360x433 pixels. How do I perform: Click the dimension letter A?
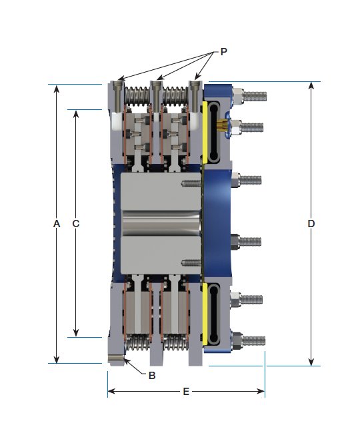pos(57,224)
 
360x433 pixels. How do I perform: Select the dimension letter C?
pos(76,224)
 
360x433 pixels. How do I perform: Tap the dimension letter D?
pos(311,224)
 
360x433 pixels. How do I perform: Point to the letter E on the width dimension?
pos(185,392)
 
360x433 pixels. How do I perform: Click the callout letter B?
pos(152,376)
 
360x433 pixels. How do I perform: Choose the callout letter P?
pos(223,51)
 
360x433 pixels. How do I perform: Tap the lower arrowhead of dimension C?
pos(76,332)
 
